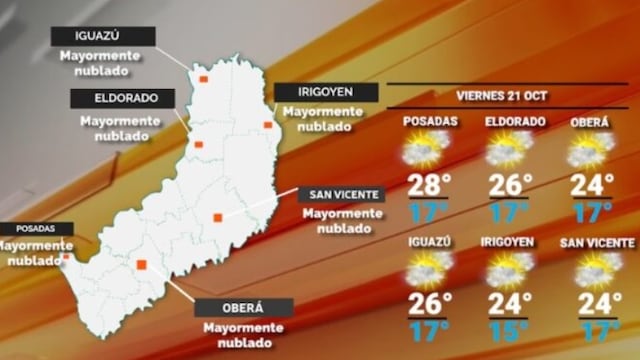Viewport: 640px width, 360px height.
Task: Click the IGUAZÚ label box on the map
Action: (x=104, y=36)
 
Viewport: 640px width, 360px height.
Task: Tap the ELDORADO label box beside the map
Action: (x=122, y=98)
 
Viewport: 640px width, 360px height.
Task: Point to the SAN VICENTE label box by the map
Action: (x=341, y=194)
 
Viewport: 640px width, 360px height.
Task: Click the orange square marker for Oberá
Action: (x=142, y=265)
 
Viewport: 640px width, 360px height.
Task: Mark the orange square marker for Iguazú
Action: (x=203, y=78)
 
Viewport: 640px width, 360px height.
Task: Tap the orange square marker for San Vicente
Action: (x=217, y=217)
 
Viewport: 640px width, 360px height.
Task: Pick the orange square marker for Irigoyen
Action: (x=267, y=125)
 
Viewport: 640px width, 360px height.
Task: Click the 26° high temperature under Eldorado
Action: (x=508, y=186)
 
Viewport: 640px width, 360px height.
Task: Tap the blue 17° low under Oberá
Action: (x=593, y=212)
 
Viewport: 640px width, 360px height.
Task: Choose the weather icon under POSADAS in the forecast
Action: (x=426, y=151)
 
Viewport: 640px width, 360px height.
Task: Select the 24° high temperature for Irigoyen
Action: (x=508, y=301)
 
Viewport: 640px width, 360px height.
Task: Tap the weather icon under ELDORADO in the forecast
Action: (x=509, y=151)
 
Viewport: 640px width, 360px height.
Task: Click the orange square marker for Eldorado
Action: (x=198, y=144)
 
